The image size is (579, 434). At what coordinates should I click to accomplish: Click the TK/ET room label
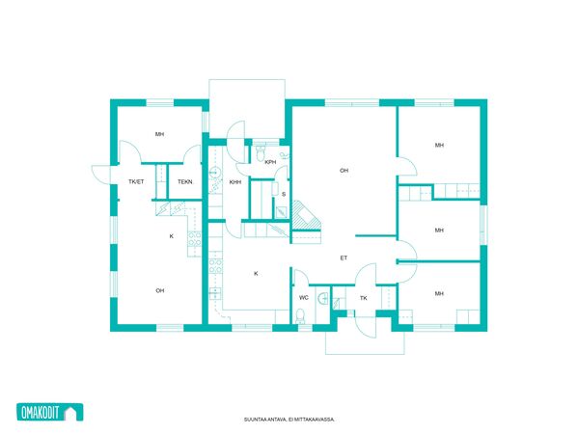(x=136, y=182)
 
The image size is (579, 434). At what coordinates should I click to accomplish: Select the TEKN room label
(x=184, y=182)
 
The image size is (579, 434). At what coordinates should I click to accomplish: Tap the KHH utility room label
(x=235, y=182)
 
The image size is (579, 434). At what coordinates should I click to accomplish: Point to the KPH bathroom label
(x=270, y=162)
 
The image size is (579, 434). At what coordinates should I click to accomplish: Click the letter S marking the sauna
(x=284, y=194)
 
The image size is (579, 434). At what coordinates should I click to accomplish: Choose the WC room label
(x=304, y=297)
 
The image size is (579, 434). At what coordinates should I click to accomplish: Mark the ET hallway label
(x=344, y=258)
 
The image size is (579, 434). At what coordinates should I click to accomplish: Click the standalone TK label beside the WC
(x=364, y=298)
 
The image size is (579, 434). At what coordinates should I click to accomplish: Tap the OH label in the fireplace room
(x=344, y=171)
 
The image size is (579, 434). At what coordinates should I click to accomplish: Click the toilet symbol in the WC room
(x=300, y=316)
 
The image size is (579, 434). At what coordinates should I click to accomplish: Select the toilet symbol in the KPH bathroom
(x=261, y=153)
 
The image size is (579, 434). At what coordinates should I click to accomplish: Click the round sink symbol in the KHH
(x=214, y=173)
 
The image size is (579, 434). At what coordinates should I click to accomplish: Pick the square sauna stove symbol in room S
(x=282, y=212)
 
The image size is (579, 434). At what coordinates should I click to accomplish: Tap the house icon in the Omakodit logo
(x=73, y=412)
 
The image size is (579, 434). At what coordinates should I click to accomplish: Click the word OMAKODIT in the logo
(x=41, y=413)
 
